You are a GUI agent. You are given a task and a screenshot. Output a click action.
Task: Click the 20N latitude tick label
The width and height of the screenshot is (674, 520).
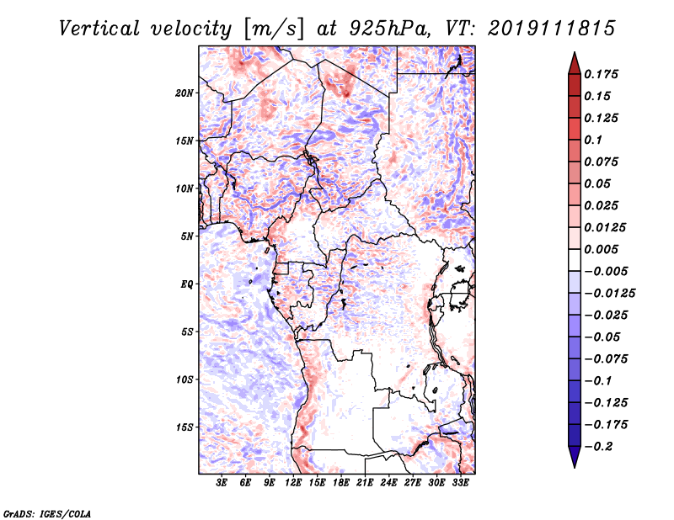pyautogui.click(x=185, y=93)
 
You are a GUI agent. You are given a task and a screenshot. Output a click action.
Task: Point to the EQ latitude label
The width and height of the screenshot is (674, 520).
pyautogui.click(x=186, y=284)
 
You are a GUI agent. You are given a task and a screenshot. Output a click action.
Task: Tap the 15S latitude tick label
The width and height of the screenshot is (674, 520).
pyautogui.click(x=185, y=427)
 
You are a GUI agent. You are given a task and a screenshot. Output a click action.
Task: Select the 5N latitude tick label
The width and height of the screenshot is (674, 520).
pyautogui.click(x=187, y=236)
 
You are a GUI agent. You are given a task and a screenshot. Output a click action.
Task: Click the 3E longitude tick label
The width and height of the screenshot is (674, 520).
pyautogui.click(x=222, y=483)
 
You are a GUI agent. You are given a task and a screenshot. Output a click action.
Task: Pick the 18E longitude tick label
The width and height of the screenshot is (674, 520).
pyautogui.click(x=341, y=483)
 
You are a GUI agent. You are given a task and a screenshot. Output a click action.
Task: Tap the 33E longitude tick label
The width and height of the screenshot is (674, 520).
pyautogui.click(x=460, y=483)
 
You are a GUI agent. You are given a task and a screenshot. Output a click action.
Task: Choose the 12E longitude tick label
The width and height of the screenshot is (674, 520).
pyautogui.click(x=293, y=483)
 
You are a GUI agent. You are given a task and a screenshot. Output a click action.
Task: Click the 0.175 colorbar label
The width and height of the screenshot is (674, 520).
pyautogui.click(x=601, y=74)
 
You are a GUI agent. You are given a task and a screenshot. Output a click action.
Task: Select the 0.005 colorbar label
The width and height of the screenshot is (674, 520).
pyautogui.click(x=601, y=249)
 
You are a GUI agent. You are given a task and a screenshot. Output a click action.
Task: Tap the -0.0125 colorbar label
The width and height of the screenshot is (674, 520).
pyautogui.click(x=609, y=294)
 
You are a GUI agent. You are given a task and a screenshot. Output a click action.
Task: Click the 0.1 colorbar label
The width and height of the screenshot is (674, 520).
pyautogui.click(x=593, y=140)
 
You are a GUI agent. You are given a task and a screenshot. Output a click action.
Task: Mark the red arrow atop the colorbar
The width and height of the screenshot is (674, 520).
pyautogui.click(x=575, y=63)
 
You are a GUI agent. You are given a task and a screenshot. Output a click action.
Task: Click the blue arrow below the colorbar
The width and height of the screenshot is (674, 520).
pyautogui.click(x=575, y=457)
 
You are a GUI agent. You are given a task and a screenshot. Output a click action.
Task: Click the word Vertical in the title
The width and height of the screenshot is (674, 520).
pyautogui.click(x=99, y=29)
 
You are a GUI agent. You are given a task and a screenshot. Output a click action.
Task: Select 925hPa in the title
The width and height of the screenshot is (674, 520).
pyautogui.click(x=389, y=29)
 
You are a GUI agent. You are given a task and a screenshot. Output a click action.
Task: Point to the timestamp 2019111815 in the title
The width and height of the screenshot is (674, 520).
pyautogui.click(x=552, y=29)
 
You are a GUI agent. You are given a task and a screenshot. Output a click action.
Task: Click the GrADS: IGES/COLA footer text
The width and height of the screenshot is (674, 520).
pyautogui.click(x=47, y=513)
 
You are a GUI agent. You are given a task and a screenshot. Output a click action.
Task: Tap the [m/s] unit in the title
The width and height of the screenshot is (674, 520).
pyautogui.click(x=274, y=29)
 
